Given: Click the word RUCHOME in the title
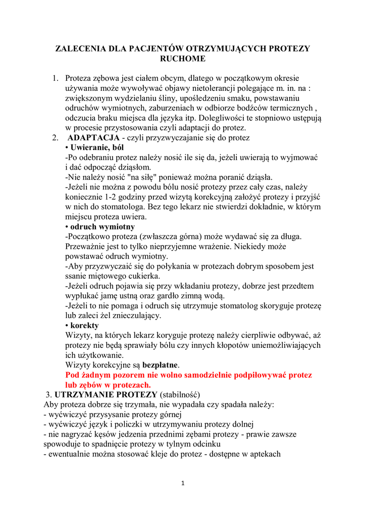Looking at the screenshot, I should (182, 59).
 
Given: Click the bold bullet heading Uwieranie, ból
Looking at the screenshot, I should (96, 147).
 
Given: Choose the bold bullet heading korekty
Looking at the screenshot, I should (84, 325).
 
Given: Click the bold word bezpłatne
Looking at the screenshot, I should (160, 365).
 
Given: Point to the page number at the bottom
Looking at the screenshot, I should (183, 483).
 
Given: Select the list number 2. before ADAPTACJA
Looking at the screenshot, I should (55, 138).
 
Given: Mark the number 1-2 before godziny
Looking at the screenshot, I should (116, 197).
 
